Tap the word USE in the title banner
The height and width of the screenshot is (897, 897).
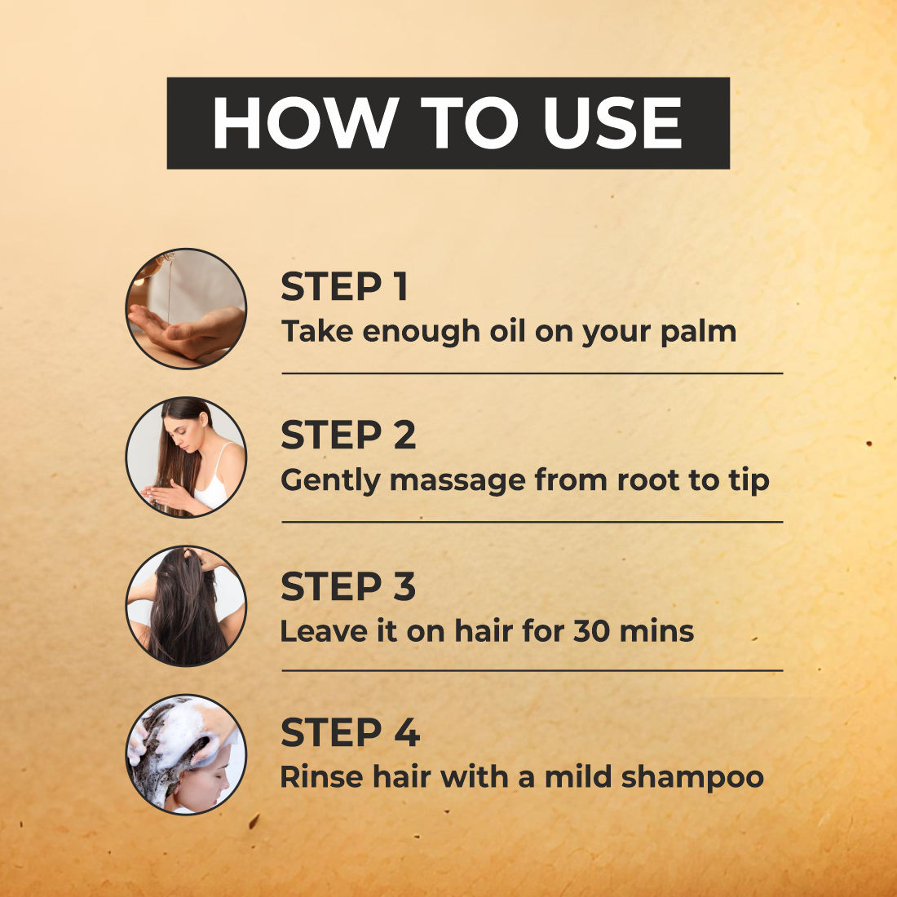pyautogui.click(x=612, y=123)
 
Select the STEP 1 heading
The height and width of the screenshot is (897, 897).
pyautogui.click(x=344, y=286)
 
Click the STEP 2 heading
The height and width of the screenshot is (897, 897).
pyautogui.click(x=348, y=435)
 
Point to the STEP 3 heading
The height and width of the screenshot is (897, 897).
pyautogui.click(x=348, y=586)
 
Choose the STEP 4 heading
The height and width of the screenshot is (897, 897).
pyautogui.click(x=350, y=732)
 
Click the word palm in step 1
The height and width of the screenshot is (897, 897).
pyautogui.click(x=698, y=333)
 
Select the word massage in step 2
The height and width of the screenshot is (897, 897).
pyautogui.click(x=457, y=481)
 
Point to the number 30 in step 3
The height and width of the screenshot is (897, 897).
pyautogui.click(x=591, y=631)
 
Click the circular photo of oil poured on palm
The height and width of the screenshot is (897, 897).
pyautogui.click(x=186, y=309)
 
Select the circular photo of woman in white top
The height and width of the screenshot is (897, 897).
pyautogui.click(x=186, y=457)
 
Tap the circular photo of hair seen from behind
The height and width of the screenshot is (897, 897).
pyautogui.click(x=186, y=606)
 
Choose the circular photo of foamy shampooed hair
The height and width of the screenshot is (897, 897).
pyautogui.click(x=186, y=754)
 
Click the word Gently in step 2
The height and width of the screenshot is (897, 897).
pyautogui.click(x=330, y=481)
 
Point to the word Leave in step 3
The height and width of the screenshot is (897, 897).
pyautogui.click(x=324, y=631)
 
